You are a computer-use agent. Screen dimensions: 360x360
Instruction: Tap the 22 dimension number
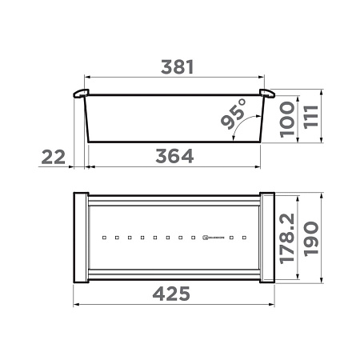point(53,157)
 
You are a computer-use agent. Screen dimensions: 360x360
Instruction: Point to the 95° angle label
point(230,118)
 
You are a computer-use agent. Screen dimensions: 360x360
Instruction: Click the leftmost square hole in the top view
point(104,238)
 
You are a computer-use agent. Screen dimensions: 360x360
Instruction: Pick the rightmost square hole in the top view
point(244,238)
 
